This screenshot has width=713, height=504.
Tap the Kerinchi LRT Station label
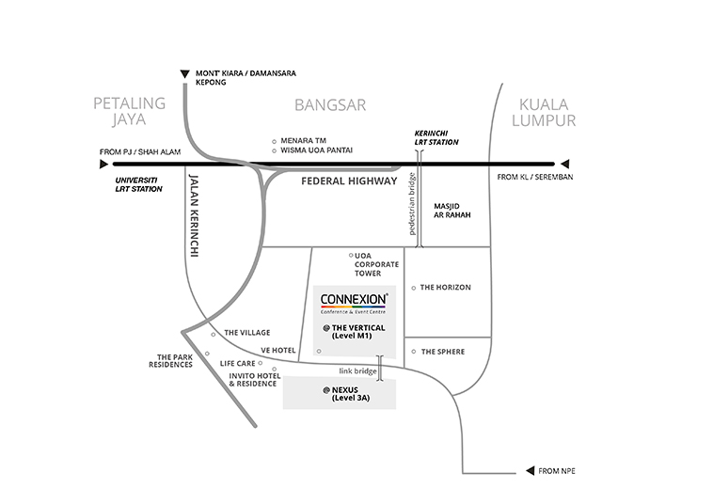pos(436,137)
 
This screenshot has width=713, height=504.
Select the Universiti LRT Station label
pos(138,184)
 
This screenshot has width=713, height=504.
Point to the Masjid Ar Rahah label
pos(452,211)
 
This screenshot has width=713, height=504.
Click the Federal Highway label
pos(349,181)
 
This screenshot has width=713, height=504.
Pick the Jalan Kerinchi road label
pos(194,216)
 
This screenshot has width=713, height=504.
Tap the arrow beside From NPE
pos(530,471)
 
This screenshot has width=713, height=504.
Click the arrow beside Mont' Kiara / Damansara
pos(184,73)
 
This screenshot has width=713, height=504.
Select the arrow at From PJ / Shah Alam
pos(103,164)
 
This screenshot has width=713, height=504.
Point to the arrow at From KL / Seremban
pos(564,164)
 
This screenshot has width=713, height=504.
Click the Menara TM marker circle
pos(274,142)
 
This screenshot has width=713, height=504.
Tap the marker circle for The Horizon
pos(413,288)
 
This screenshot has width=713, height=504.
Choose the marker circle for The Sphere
pos(413,352)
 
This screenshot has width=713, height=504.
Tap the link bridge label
pos(357,371)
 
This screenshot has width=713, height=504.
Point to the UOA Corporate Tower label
pos(376,264)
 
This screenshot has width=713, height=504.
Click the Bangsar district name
pos(330,105)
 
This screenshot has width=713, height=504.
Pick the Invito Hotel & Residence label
pos(255,380)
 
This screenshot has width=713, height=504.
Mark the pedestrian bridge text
pos(412,204)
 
